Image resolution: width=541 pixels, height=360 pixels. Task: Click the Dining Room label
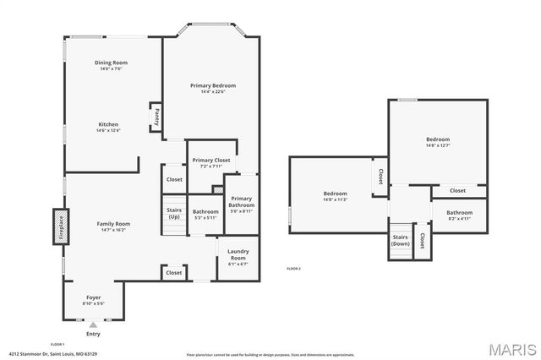[x=110, y=63]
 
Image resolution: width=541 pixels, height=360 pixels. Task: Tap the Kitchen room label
[x=108, y=126]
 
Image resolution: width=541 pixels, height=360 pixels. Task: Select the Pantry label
[x=156, y=117]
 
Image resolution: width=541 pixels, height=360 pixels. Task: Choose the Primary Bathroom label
[x=240, y=203]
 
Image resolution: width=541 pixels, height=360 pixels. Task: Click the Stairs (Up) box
[x=174, y=213]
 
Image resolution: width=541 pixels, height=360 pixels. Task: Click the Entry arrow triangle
[x=93, y=324]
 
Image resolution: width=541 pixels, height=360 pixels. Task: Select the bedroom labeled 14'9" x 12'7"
[x=437, y=141]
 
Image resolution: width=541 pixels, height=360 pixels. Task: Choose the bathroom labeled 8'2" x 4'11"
[x=459, y=215]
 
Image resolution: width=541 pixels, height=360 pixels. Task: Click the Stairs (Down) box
[x=400, y=240]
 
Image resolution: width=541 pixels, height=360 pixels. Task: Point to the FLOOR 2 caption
[x=293, y=268]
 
